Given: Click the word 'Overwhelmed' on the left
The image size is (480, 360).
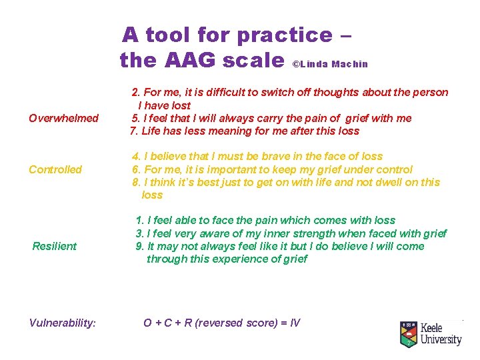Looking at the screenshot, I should (x=63, y=119).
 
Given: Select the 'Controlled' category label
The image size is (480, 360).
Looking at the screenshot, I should (x=55, y=169).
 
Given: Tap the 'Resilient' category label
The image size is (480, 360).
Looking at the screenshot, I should (x=55, y=247).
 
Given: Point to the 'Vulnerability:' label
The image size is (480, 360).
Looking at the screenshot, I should (x=63, y=323).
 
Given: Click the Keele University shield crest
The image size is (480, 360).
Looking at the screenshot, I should (x=408, y=334).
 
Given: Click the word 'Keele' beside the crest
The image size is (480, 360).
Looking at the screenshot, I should (x=435, y=328).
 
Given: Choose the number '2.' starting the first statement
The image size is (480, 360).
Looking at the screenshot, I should (x=136, y=92).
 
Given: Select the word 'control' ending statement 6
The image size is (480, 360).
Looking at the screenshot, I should (x=394, y=169).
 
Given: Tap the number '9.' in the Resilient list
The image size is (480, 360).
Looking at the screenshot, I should (x=140, y=246).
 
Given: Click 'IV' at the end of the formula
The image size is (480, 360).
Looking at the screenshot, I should (x=294, y=323).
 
